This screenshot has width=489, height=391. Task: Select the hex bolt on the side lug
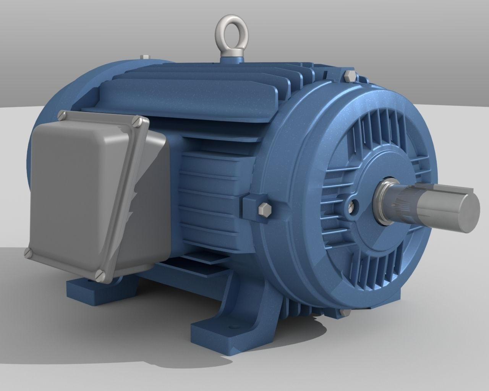click(263, 210)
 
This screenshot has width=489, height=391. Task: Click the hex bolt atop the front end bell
click(348, 75)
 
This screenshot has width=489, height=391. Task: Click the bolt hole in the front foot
click(230, 327)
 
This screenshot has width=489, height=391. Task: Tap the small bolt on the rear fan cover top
click(144, 57)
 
